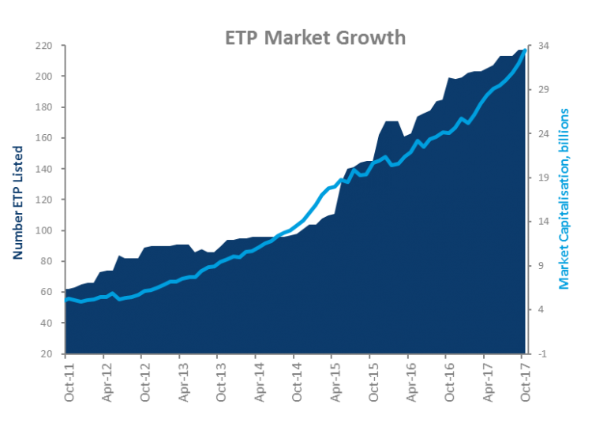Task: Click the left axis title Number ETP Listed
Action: pos(17,202)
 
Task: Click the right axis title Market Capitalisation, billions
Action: pos(564,199)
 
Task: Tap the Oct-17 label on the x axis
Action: pos(523,380)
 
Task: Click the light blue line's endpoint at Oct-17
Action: pos(525,50)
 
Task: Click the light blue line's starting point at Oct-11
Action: pos(66,299)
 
